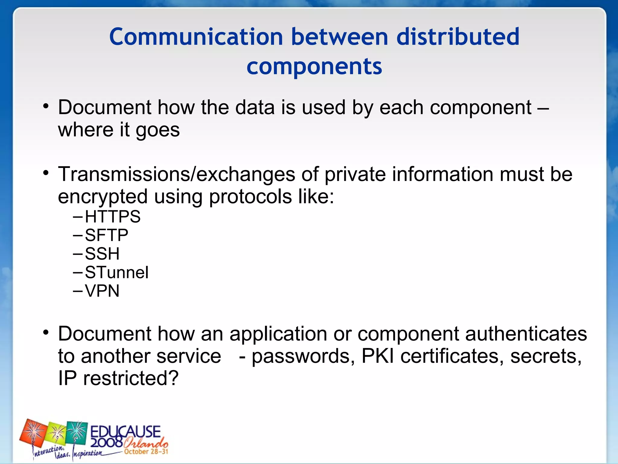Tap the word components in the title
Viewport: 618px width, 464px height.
pos(314,66)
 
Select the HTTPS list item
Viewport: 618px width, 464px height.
pos(113,217)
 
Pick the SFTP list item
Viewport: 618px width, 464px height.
pos(107,235)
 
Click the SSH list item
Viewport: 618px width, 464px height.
pos(102,254)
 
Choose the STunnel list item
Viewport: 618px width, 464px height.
pos(116,272)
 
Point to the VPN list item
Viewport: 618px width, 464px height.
pos(102,291)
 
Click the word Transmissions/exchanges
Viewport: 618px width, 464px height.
pos(177,174)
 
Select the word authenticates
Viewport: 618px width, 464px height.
pos(526,334)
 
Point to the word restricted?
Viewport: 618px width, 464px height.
pos(131,378)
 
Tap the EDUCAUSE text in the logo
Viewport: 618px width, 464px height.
pos(125,431)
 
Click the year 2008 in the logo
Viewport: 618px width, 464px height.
pos(106,443)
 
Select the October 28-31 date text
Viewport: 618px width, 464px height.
pos(146,452)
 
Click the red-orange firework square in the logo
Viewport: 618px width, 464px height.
pos(33,432)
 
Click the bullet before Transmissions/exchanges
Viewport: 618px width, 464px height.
pos(46,173)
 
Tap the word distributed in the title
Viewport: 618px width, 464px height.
pos(458,37)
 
